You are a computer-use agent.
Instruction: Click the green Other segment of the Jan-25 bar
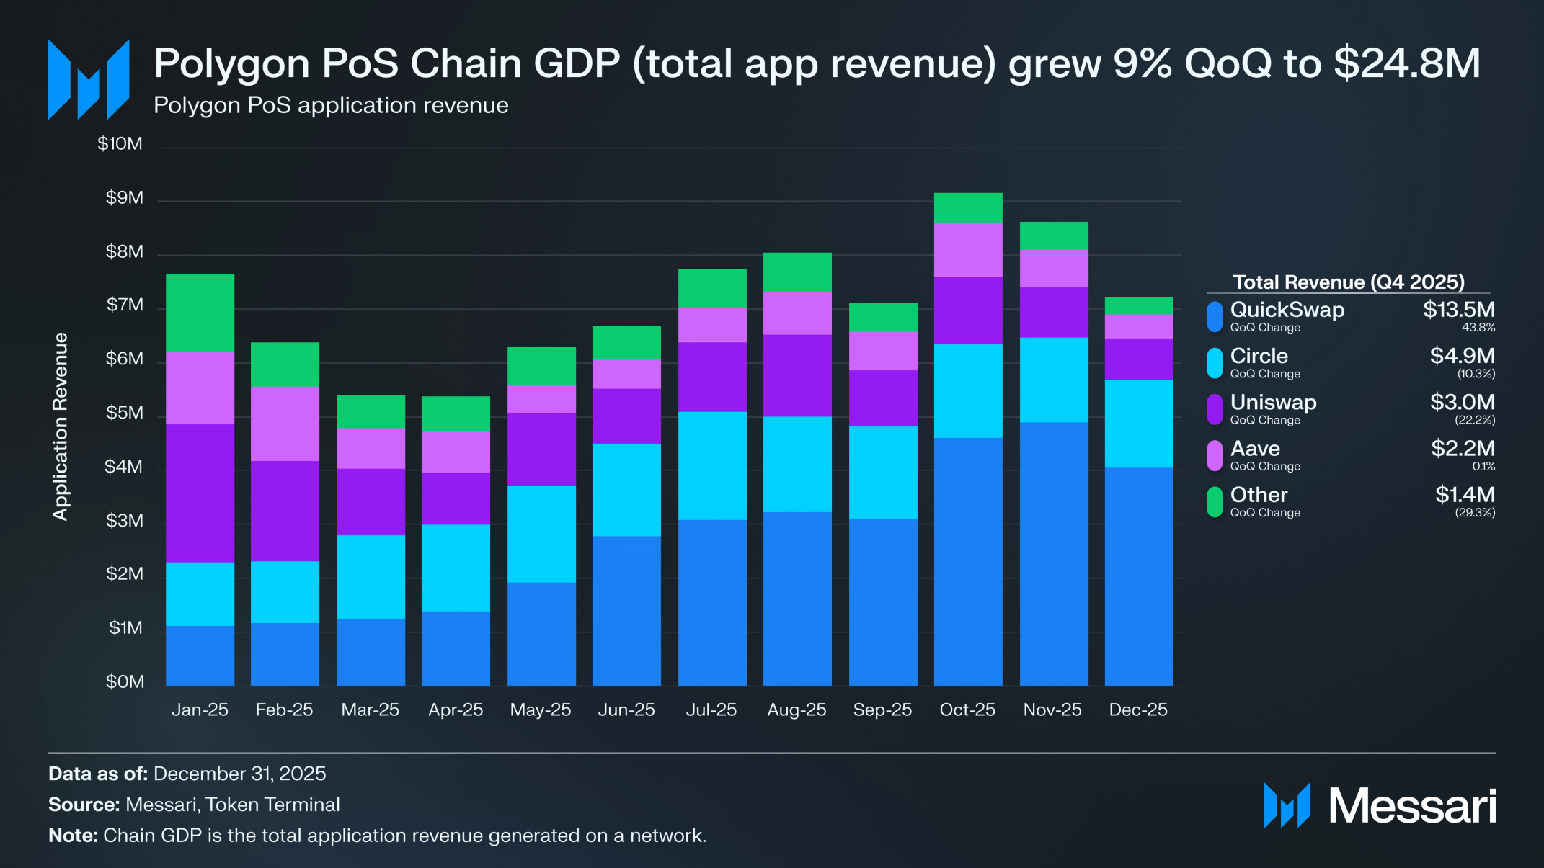(200, 313)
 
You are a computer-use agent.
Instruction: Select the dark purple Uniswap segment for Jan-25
(200, 493)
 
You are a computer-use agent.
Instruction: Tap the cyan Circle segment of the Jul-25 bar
(712, 465)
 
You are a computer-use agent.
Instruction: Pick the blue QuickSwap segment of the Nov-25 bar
(1054, 553)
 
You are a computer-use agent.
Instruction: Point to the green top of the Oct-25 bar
(968, 207)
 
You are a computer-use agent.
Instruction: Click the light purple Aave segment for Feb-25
(285, 424)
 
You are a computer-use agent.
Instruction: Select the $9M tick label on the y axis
(124, 198)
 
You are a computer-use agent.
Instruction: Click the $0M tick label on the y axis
(125, 681)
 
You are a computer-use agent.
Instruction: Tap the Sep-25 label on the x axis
(882, 710)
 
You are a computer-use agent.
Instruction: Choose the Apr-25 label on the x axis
(456, 710)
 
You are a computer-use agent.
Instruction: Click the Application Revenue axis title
(60, 426)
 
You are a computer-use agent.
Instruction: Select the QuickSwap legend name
(1287, 310)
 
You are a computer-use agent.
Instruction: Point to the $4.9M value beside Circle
(1462, 356)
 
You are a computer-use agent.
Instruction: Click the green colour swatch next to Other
(1215, 502)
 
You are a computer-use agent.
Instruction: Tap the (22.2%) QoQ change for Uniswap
(1475, 420)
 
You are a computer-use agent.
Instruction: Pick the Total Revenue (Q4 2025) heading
(1349, 282)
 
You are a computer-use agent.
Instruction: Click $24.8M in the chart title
(1407, 63)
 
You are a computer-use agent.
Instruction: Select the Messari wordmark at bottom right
(1412, 806)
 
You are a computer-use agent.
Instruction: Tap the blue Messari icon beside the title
(89, 79)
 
